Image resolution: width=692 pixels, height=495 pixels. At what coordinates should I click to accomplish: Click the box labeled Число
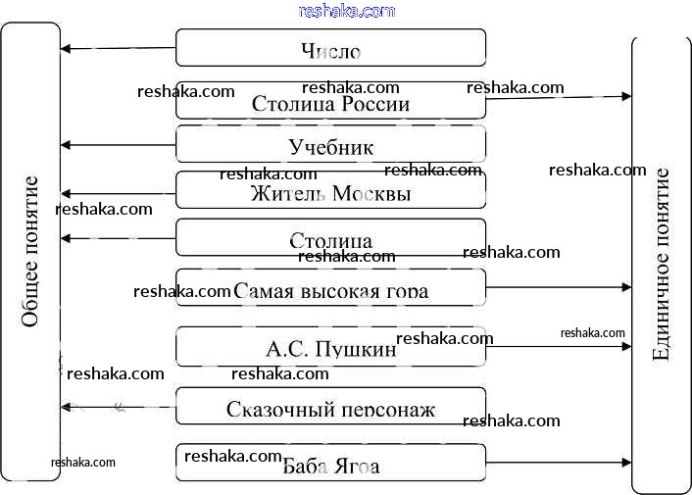click(x=330, y=48)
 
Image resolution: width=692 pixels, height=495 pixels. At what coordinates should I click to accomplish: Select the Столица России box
click(x=330, y=102)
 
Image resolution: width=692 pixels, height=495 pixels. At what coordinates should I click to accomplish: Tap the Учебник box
click(x=330, y=145)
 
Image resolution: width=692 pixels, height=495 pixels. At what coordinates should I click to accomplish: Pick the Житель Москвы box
click(x=330, y=192)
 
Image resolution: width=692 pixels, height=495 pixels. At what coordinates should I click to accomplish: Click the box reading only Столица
click(x=330, y=239)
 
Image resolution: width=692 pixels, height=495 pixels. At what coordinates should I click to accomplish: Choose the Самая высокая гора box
click(x=330, y=289)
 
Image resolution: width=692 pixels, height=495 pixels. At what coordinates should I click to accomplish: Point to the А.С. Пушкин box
click(x=330, y=347)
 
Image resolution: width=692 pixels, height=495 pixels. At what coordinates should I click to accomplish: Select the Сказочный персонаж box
click(x=330, y=408)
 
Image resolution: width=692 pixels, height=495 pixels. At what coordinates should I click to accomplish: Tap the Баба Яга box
click(x=330, y=464)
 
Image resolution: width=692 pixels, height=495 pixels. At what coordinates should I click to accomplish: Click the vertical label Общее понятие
click(x=30, y=251)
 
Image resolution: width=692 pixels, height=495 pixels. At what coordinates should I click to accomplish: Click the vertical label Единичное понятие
click(x=661, y=265)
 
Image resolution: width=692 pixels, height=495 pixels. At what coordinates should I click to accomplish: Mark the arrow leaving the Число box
click(x=118, y=48)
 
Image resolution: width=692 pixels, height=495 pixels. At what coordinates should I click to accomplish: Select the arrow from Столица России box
click(x=559, y=97)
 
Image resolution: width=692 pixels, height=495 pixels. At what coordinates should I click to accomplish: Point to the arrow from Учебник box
click(x=118, y=145)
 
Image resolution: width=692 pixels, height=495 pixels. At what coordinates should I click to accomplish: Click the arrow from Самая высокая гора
click(x=559, y=287)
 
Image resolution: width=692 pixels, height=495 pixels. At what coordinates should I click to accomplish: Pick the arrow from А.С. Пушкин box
click(x=559, y=346)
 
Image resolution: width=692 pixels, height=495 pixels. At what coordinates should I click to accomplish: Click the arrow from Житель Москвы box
click(x=118, y=193)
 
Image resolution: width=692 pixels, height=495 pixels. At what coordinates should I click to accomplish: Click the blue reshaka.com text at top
click(x=346, y=11)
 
